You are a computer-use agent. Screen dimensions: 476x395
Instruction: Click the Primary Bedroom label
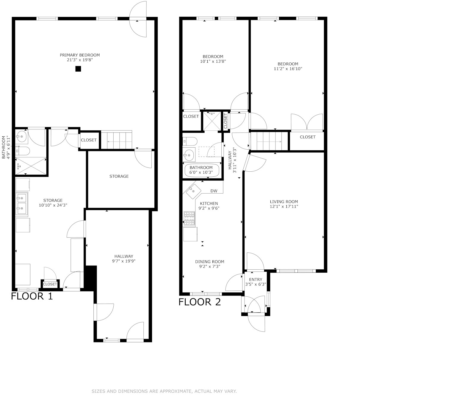(x=80, y=57)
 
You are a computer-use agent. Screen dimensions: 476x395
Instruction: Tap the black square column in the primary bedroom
(x=78, y=69)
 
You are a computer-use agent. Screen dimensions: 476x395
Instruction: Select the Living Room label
(x=284, y=204)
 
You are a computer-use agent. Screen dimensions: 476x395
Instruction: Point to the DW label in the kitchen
(x=214, y=191)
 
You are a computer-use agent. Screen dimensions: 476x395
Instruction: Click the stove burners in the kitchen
(x=190, y=218)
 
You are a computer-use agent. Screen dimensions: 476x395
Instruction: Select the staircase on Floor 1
(x=116, y=140)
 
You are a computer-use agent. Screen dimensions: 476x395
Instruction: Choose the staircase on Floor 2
(x=270, y=141)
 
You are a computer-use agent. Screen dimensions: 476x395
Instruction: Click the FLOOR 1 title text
(x=32, y=296)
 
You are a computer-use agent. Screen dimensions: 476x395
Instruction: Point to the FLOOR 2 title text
(x=200, y=302)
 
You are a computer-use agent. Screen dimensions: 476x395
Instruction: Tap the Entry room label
(x=256, y=282)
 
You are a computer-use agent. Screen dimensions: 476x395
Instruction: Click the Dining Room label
(x=210, y=264)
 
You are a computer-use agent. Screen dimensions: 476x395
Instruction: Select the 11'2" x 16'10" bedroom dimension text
(x=288, y=69)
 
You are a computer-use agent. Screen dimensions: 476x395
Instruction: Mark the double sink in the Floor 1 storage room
(x=22, y=203)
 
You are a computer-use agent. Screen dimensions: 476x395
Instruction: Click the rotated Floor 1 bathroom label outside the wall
(x=6, y=147)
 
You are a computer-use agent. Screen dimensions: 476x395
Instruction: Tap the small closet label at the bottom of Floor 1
(x=50, y=284)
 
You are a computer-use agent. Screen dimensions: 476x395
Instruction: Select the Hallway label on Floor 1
(x=124, y=259)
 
